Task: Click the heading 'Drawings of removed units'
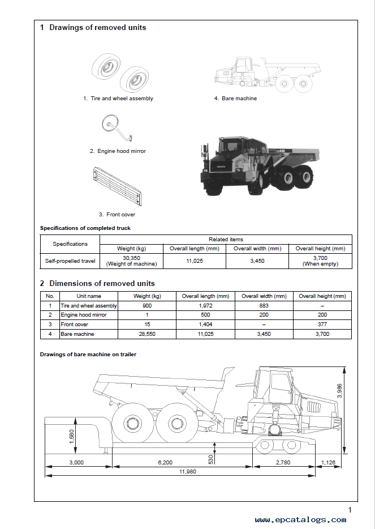point(97,28)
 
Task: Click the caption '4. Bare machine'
point(235,99)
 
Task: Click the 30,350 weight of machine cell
point(132,261)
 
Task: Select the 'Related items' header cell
point(226,240)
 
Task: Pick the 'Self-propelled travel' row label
point(70,261)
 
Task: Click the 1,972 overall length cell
point(205,306)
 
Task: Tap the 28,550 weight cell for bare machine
point(139,334)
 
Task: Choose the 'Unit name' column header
point(89,296)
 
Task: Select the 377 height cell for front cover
point(322,325)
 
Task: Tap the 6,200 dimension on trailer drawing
point(165,462)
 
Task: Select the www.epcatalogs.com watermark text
point(300,519)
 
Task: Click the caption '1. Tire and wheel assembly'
point(118,99)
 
